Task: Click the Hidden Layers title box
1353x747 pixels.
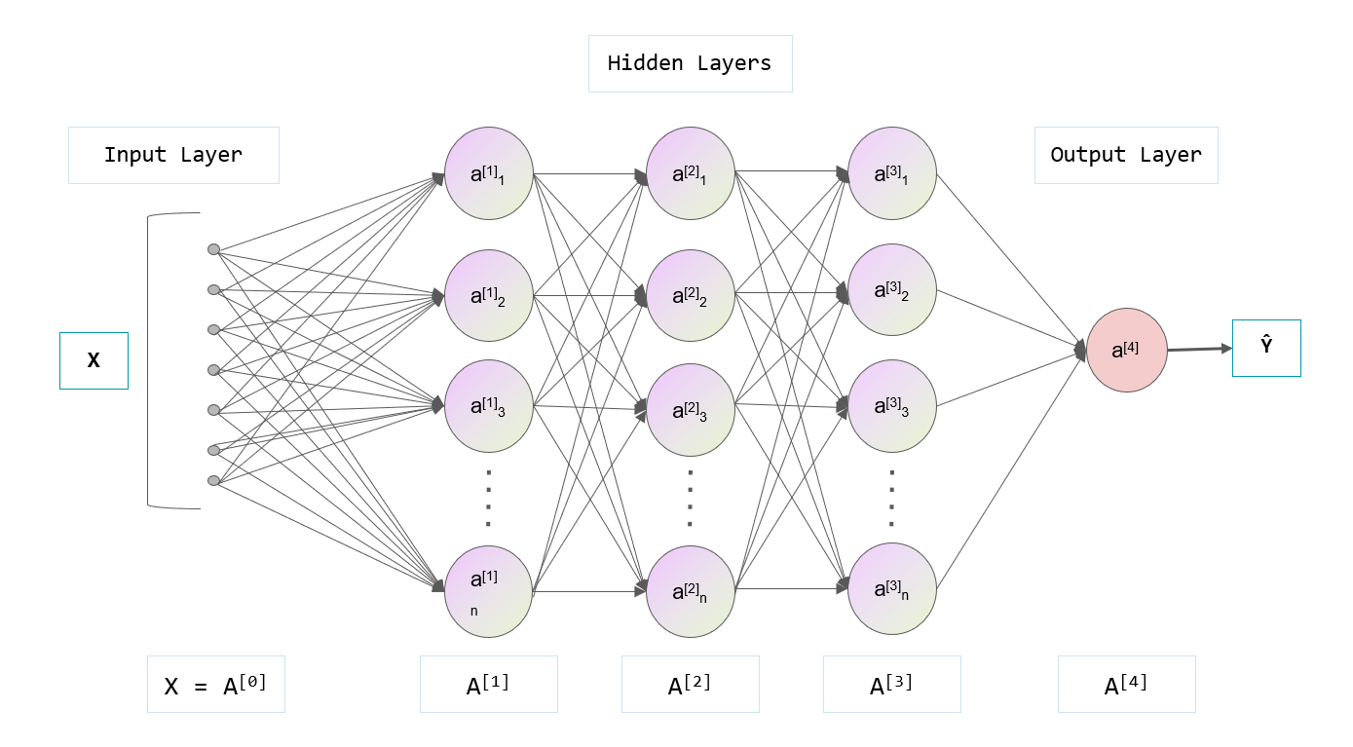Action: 690,64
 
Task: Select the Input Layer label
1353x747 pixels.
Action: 173,155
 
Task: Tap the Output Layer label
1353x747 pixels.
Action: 1125,155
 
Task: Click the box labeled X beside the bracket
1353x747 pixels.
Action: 94,360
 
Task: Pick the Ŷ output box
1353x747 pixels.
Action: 1265,348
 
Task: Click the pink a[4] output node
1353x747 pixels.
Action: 1127,351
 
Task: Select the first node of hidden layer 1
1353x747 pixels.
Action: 488,173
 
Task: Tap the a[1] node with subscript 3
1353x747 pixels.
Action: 488,406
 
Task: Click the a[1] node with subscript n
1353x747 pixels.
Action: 488,591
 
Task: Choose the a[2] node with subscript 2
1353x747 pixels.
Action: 690,295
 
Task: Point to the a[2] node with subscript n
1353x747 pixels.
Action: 690,591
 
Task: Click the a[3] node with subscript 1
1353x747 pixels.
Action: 891,173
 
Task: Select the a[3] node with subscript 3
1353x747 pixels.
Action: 891,406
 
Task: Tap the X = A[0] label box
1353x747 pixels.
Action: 215,684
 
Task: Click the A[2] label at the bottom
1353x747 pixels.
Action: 690,684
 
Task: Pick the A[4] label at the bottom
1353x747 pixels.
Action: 1126,684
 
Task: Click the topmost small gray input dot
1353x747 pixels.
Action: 213,249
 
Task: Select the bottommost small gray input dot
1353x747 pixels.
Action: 213,480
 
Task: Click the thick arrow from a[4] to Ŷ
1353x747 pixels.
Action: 1199,349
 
